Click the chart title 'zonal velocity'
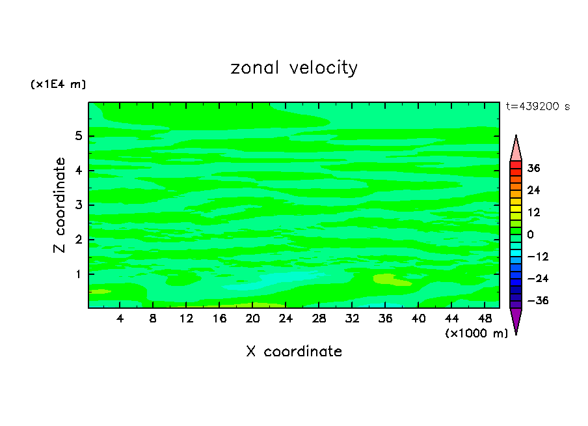tap(294, 68)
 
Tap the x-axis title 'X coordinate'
tap(294, 352)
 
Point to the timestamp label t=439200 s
tap(537, 106)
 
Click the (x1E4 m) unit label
tap(58, 84)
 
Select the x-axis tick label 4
tap(120, 319)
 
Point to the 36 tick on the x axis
tap(385, 319)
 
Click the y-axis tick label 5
tap(79, 137)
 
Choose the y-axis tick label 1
tap(79, 274)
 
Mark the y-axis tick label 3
tap(79, 205)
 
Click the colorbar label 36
tap(534, 168)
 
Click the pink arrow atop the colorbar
tap(516, 149)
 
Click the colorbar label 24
tap(534, 190)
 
